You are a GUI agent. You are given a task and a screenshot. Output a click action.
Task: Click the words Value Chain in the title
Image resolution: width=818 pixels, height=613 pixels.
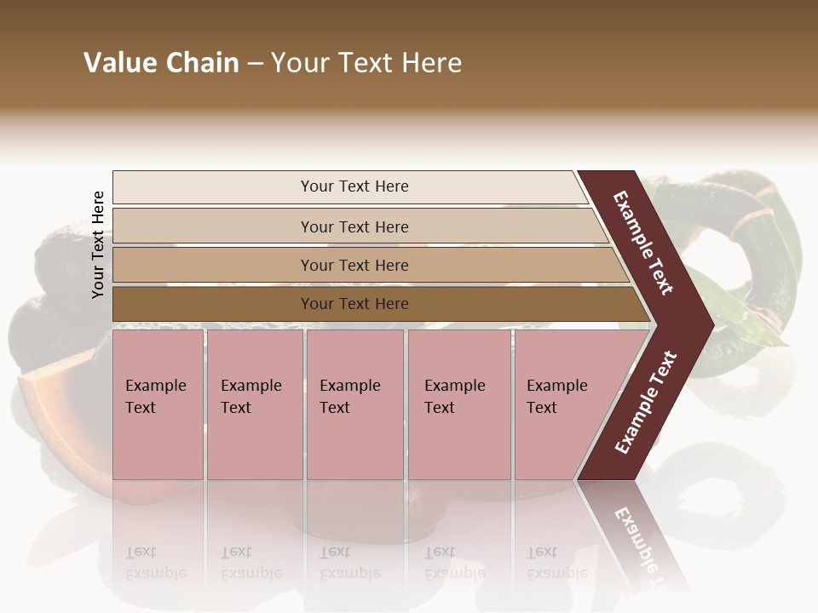[x=161, y=63]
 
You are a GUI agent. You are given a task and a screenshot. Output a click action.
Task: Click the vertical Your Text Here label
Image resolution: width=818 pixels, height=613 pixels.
[x=98, y=244]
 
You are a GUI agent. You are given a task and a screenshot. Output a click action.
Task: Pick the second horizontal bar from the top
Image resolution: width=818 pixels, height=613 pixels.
[x=354, y=226]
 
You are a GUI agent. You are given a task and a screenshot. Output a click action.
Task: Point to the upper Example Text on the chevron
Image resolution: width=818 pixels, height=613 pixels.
[x=644, y=243]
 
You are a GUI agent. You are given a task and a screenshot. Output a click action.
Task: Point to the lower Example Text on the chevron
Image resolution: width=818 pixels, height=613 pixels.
[x=646, y=402]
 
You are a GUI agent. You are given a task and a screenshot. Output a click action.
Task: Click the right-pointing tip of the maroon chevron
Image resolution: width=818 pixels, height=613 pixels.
[x=709, y=324]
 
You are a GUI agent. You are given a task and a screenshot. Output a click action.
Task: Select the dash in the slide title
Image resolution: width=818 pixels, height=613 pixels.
[x=255, y=64]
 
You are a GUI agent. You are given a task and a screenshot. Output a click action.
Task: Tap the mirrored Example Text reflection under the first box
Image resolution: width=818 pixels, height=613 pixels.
[x=155, y=563]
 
